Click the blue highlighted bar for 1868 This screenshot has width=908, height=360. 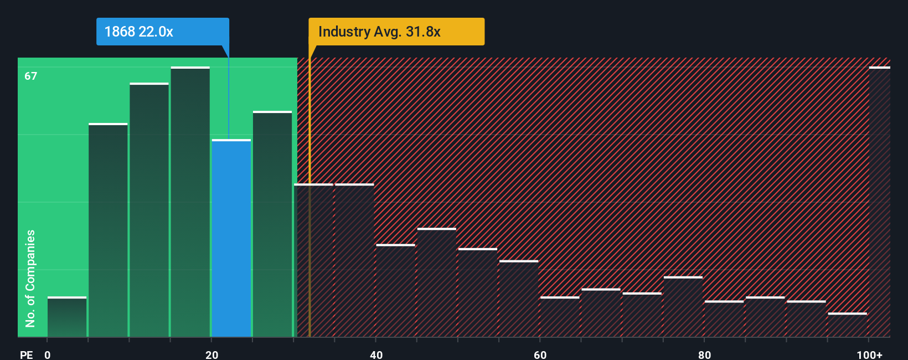pos(231,238)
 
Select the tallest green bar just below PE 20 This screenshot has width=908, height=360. pos(190,202)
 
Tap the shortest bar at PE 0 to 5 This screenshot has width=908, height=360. pos(67,317)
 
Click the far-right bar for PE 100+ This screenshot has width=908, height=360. pos(879,202)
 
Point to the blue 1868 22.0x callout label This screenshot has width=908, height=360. pos(162,32)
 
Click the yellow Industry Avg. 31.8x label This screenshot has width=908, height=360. pos(396,32)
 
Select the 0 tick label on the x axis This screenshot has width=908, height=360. pos(48,354)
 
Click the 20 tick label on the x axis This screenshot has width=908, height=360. pos(211,354)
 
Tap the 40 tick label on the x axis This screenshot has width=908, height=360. pos(376,354)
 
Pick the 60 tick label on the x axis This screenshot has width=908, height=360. pos(540,354)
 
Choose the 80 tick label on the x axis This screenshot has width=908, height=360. pos(704,354)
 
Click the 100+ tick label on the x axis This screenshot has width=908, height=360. pos(869,354)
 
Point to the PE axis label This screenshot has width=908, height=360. pos(26,354)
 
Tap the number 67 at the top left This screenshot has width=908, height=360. pos(31,76)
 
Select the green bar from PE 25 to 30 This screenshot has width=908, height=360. pos(272,224)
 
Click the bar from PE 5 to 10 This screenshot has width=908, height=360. pos(108,230)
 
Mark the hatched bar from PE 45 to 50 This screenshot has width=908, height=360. pos(437,282)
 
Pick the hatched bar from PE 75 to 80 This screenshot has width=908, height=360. pos(683,307)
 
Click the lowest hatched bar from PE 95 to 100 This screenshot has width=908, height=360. pos(847,325)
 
